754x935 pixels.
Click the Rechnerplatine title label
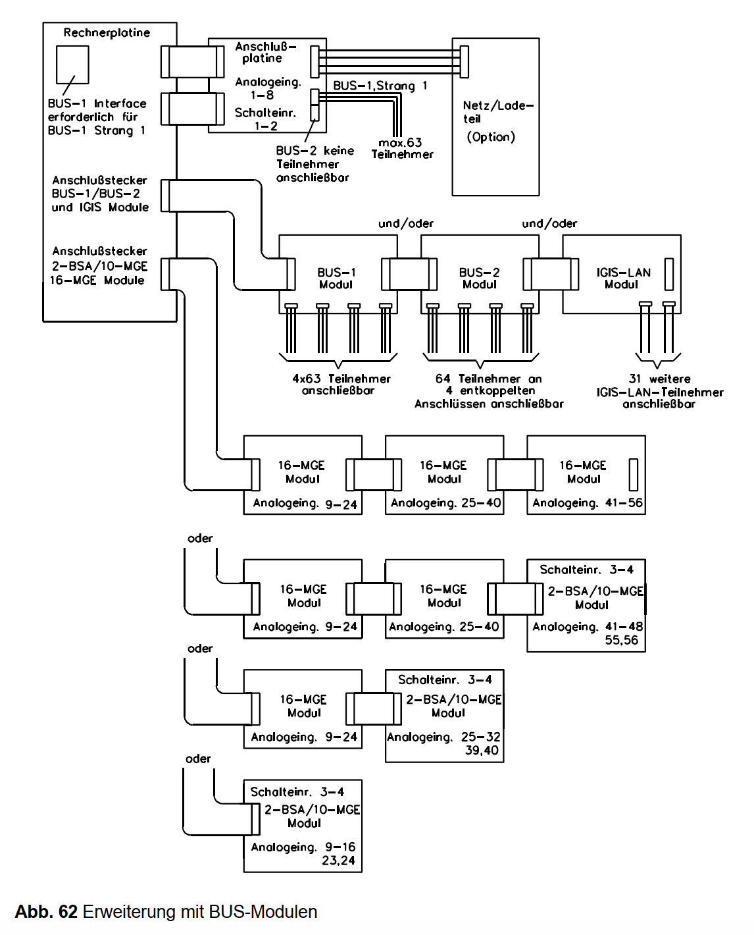107,33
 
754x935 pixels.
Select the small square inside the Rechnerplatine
72,64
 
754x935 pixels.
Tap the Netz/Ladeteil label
497,112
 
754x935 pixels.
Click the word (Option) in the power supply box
491,137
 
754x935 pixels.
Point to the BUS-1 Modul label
336,279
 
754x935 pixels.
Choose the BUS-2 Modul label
479,279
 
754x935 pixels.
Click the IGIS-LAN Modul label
622,279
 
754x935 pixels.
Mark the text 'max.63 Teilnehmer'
402,148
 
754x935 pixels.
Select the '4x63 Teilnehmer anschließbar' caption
341,385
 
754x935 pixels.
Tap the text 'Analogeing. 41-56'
587,503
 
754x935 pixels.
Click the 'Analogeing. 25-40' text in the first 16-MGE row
445,503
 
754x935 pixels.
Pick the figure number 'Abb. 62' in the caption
46,912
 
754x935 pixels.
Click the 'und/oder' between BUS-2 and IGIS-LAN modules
549,224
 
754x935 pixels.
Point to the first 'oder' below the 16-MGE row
200,539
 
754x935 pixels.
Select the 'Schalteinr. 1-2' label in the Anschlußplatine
265,119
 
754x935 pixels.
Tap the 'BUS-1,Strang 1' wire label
380,86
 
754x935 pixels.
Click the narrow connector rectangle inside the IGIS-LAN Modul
669,274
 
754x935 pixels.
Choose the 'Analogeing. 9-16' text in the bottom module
303,847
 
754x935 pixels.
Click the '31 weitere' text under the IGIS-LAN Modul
659,379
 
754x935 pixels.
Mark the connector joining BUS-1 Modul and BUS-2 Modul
409,274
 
